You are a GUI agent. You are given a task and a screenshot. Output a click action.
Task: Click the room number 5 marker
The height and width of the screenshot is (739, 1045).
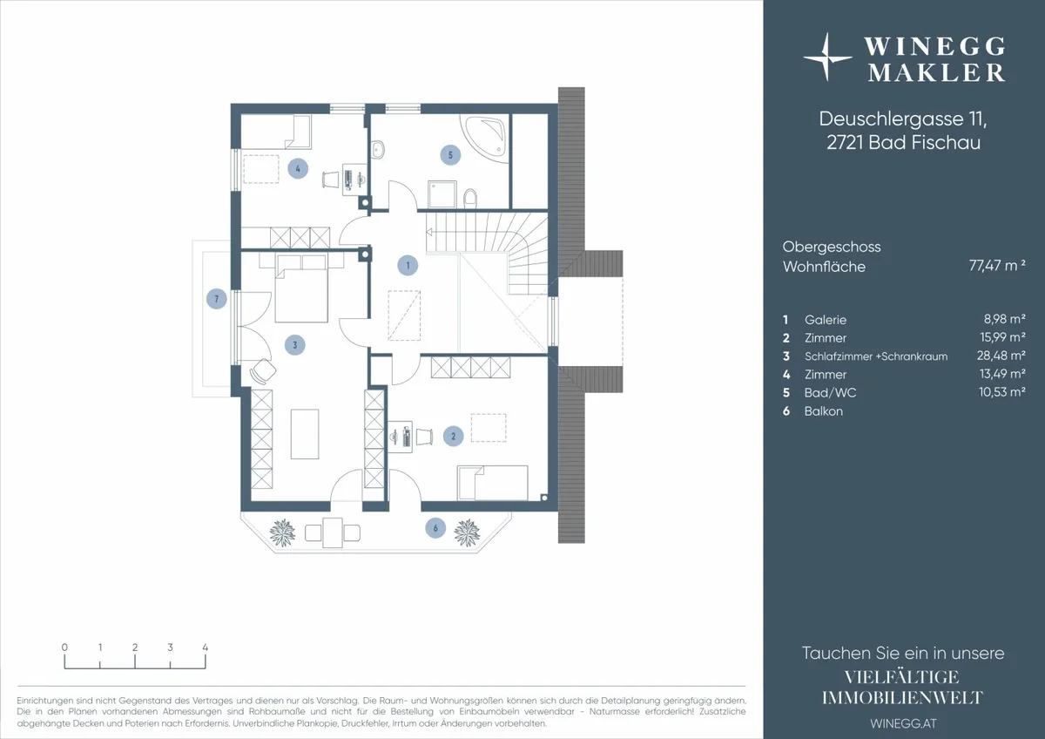450,155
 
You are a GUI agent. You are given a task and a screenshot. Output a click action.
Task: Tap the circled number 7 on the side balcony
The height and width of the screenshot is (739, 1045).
217,299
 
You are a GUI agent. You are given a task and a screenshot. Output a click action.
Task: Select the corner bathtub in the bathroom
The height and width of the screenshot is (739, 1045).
484,138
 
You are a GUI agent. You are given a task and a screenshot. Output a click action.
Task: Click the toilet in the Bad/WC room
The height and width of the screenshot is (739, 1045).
469,197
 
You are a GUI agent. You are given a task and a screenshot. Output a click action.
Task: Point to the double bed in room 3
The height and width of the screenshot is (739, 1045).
301,288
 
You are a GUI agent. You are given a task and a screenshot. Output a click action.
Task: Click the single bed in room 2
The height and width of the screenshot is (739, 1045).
493,483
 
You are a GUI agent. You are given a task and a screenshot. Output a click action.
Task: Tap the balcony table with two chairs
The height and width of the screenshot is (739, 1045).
333,532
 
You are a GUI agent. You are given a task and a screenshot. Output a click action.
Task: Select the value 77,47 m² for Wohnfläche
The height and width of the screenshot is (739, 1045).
997,266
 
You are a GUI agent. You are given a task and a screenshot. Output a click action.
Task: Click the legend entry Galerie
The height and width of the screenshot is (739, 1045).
826,320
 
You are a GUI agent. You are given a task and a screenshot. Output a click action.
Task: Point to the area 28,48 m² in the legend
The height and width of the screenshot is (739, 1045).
1001,356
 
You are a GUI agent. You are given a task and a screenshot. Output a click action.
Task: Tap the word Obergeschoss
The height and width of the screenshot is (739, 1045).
832,247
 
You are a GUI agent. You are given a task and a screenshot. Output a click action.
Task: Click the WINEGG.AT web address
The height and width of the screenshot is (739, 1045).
903,723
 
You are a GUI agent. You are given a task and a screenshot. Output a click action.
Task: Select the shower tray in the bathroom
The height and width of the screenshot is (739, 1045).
442,194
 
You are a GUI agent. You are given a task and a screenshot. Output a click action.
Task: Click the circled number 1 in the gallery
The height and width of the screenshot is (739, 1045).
408,265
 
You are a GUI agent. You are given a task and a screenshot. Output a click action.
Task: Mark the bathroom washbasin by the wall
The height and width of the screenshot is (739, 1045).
378,150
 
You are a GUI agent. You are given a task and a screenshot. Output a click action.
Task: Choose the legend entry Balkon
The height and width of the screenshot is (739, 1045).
824,411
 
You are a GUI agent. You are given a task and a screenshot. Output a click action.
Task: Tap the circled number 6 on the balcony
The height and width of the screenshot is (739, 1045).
435,528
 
